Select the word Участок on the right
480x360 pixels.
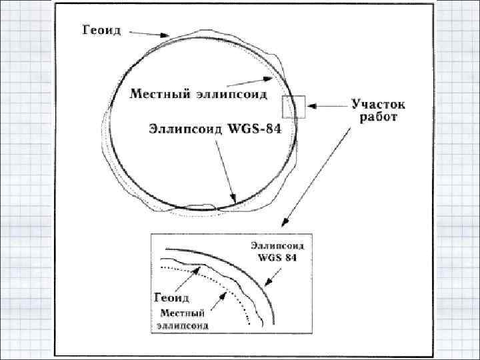[x=378, y=105]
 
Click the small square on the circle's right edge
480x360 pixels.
[x=293, y=107]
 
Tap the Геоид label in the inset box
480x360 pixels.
[x=173, y=297]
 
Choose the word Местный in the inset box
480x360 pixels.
[x=181, y=313]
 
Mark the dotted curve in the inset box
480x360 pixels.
[x=227, y=287]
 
